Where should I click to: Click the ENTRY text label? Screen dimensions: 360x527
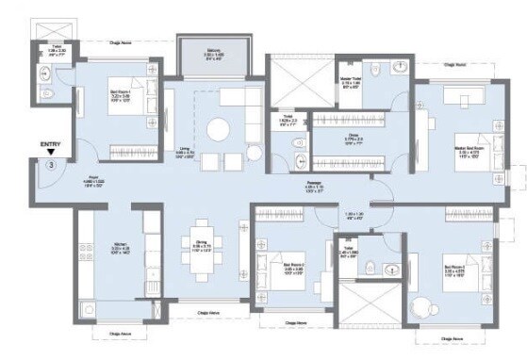click(50, 143)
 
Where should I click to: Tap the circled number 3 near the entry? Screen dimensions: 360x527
click(51, 164)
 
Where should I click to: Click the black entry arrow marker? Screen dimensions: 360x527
click(53, 152)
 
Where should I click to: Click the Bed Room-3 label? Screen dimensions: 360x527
click(456, 270)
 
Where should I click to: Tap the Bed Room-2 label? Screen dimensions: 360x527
click(294, 269)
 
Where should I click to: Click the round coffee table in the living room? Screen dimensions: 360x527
click(219, 127)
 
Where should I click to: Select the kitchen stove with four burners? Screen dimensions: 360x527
click(149, 224)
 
